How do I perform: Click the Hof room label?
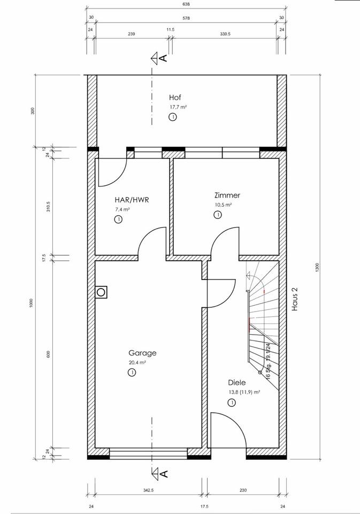tap(175, 97)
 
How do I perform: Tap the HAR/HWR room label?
tap(132, 200)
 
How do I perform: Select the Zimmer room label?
tap(227, 195)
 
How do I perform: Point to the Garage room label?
tap(142, 353)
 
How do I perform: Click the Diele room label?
tap(236, 383)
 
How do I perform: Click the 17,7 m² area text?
tap(178, 107)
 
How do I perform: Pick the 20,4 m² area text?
tap(137, 362)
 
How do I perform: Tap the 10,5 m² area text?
tap(223, 205)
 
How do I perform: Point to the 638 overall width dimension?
tap(186, 4)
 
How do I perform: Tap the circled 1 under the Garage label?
tap(132, 372)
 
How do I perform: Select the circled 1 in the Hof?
tap(173, 117)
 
